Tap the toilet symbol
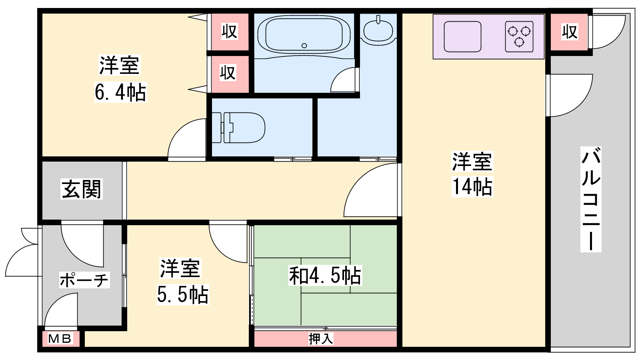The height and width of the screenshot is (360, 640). point(238,128)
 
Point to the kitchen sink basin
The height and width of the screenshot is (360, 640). point(462,37)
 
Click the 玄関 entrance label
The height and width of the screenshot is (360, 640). point(82,189)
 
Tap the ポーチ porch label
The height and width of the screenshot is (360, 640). point(84,280)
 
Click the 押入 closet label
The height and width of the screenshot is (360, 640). point(321,339)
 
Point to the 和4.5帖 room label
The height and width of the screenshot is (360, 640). point(325,276)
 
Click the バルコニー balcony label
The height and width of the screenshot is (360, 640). point(591,199)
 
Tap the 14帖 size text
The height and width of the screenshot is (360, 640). point(472,186)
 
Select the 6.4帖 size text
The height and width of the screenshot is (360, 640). point(120,92)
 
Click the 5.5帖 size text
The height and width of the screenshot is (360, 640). point(183,294)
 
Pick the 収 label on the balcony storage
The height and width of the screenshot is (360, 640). point(570,32)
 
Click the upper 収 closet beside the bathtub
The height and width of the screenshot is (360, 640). point(230,32)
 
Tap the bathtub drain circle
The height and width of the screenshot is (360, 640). point(304,46)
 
